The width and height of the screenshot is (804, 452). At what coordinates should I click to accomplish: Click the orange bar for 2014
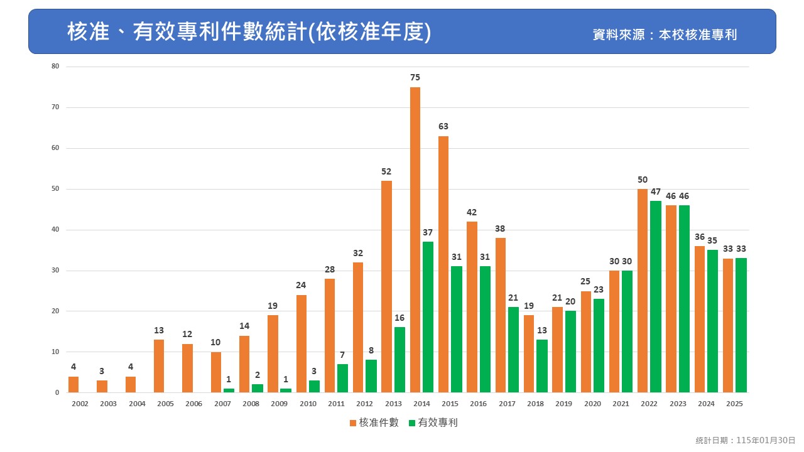tap(415, 240)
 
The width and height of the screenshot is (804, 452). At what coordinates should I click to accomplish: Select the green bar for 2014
tap(428, 317)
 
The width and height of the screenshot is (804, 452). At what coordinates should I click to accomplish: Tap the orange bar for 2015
tap(443, 264)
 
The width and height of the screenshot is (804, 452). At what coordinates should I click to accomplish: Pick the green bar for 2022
tap(655, 297)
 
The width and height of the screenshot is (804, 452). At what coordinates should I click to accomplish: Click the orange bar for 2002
tap(73, 384)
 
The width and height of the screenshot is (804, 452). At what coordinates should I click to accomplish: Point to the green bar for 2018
tap(541, 366)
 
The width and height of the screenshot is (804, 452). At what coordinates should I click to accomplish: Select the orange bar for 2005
tap(159, 366)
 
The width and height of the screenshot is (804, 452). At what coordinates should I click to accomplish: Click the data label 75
tap(415, 77)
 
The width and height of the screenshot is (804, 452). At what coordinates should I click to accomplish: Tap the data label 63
tap(443, 126)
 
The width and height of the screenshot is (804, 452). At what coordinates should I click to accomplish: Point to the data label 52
tap(387, 171)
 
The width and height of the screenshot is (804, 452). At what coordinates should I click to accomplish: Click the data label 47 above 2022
tap(656, 191)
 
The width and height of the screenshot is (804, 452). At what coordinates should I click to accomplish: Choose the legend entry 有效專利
tap(433, 422)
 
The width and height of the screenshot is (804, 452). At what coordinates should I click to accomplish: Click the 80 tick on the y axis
tap(55, 67)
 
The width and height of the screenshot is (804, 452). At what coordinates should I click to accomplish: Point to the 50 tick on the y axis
tap(55, 189)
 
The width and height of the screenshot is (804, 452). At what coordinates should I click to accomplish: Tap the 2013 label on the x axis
tap(393, 404)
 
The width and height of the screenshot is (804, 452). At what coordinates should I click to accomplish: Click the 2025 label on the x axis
tap(734, 404)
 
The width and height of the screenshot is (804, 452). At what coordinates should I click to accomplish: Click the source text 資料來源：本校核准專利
tap(665, 35)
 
